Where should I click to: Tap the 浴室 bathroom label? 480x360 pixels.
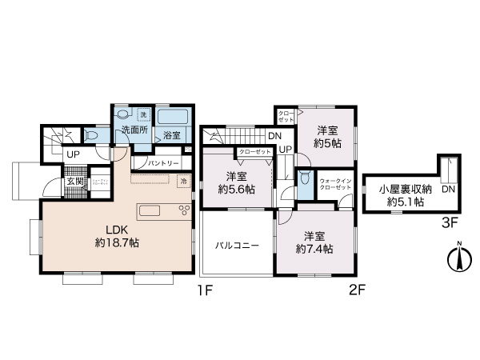(x=170, y=135)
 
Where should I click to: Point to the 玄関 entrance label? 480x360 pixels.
(x=74, y=180)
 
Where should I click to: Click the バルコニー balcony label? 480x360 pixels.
(x=236, y=246)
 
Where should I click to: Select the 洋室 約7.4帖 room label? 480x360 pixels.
(x=314, y=242)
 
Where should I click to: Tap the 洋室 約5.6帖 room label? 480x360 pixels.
(x=236, y=182)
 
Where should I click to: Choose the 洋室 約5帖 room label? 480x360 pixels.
(x=327, y=137)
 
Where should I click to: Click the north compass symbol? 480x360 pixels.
(x=458, y=258)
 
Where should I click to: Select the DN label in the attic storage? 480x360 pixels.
(x=448, y=190)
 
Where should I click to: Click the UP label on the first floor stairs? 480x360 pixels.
(x=73, y=154)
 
